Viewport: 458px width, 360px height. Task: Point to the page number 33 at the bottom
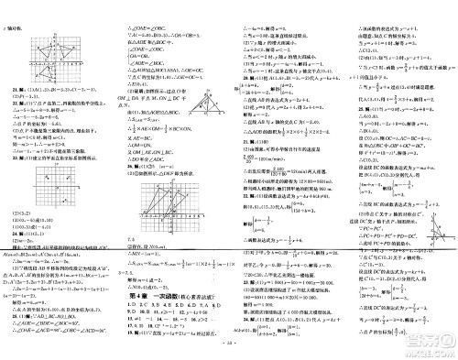click(x=228, y=353)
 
